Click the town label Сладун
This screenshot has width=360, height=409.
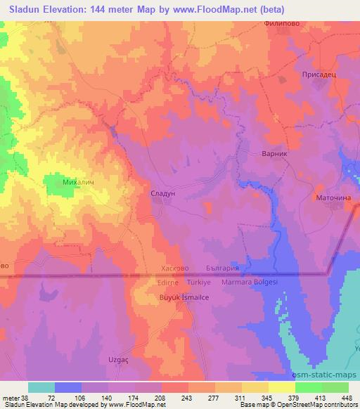coord(168,190)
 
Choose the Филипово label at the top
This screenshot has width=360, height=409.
coord(302,23)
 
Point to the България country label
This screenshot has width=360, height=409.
coord(229,268)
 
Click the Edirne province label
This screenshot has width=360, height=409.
coord(169,282)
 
